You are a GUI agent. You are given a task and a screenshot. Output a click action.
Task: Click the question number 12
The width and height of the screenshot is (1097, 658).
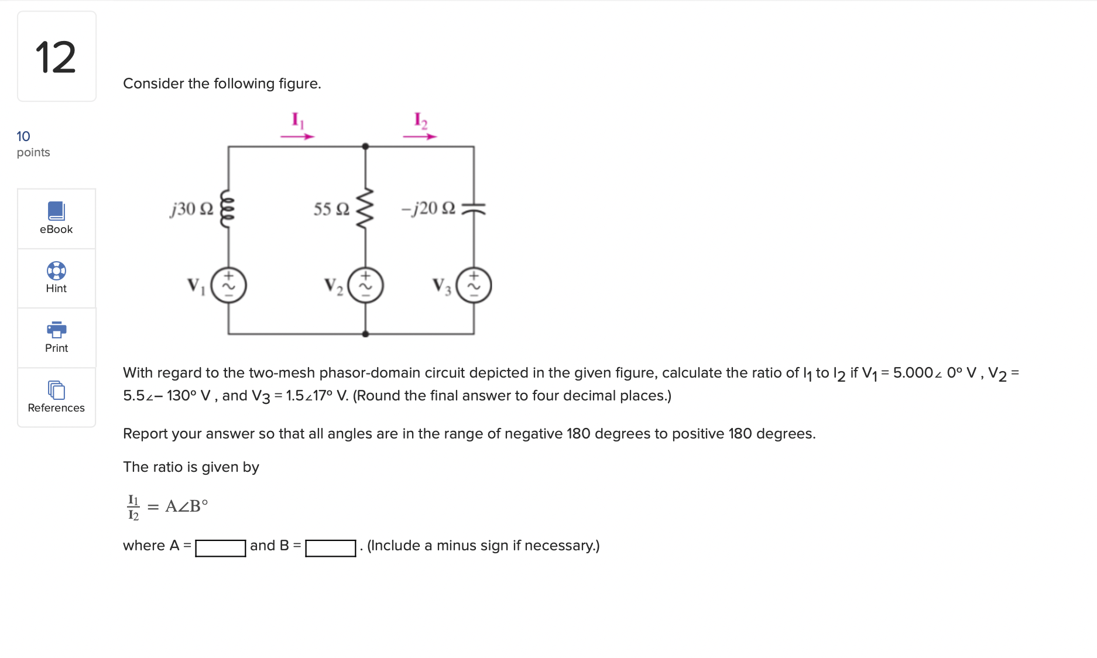tap(56, 57)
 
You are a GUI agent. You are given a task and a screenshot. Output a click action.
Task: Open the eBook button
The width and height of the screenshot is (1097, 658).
tap(56, 218)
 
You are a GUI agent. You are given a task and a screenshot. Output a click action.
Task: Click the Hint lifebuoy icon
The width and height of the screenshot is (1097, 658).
tap(56, 270)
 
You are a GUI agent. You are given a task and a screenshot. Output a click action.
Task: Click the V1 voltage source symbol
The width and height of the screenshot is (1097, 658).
tap(228, 285)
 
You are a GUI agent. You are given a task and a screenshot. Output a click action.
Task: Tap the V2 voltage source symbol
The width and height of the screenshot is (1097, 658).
tap(366, 285)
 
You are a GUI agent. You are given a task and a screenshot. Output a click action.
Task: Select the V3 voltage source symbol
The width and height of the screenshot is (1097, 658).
tap(474, 285)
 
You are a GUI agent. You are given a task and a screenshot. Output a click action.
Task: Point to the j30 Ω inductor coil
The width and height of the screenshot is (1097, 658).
tap(228, 208)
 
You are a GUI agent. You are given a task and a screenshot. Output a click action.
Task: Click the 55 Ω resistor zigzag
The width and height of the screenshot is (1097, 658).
tap(365, 208)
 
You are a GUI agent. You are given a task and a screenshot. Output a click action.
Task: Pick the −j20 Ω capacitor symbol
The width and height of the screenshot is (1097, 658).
tap(474, 208)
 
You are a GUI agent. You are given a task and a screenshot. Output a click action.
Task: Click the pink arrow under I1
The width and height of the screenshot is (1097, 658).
tap(297, 136)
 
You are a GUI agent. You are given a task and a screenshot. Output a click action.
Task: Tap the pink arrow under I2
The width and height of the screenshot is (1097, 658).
tap(420, 136)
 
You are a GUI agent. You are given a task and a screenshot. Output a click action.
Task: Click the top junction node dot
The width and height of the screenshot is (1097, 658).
tap(365, 146)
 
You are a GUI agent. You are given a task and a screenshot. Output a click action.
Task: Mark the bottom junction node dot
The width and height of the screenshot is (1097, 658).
tap(365, 334)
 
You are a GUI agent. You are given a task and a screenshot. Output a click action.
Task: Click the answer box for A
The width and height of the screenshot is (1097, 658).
tap(220, 548)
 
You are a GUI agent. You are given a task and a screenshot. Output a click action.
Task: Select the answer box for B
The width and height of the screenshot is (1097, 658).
tap(330, 548)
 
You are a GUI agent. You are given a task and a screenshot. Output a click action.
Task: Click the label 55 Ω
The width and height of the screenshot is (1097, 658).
tap(331, 209)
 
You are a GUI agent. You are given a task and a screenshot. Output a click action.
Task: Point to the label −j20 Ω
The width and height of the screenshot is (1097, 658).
tap(428, 208)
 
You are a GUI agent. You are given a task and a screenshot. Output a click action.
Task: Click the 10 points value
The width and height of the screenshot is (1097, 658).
tap(23, 136)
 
